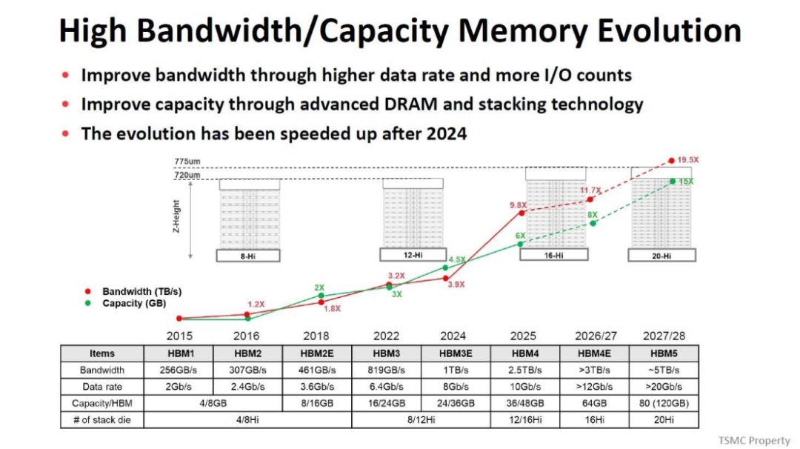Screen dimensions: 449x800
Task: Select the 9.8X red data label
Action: pos(517,205)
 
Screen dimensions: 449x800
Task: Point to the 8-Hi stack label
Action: pos(248,256)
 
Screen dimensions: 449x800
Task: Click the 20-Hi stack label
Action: pos(661,255)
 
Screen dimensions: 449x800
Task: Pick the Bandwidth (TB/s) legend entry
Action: pos(141,292)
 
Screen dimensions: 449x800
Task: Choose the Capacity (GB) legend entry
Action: pos(134,303)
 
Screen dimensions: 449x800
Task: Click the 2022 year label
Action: pos(386,336)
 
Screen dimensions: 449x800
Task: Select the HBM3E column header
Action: pos(454,353)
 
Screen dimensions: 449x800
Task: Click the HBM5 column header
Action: pos(663,353)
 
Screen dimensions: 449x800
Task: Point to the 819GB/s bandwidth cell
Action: pos(386,370)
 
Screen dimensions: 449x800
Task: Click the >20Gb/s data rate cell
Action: pos(663,387)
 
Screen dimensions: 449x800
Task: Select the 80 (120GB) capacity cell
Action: pos(663,403)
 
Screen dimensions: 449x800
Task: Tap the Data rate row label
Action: pos(101,387)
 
